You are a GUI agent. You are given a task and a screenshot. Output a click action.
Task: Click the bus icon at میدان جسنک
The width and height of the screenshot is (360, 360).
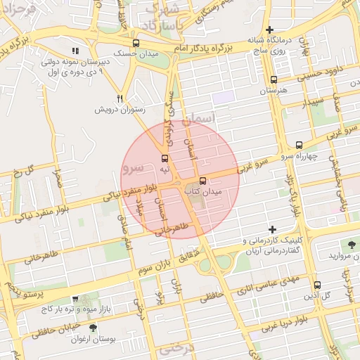(136, 42)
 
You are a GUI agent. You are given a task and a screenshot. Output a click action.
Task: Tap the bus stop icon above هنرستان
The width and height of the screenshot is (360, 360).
(273, 80)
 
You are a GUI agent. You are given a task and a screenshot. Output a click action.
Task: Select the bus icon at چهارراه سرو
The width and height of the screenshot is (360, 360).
(300, 144)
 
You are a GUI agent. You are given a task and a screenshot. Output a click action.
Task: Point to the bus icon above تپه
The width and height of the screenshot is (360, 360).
(165, 158)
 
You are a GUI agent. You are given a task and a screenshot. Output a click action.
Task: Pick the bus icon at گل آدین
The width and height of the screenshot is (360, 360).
(317, 285)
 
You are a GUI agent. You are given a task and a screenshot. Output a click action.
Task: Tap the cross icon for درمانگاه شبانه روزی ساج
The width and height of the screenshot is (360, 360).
(269, 30)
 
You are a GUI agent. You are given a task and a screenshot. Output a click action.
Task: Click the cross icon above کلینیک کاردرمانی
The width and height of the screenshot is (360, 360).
(273, 229)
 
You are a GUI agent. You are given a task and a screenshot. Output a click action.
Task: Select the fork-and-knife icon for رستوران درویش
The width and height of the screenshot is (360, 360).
(120, 98)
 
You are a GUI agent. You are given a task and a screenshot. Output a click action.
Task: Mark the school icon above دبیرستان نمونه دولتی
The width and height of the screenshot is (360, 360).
(75, 51)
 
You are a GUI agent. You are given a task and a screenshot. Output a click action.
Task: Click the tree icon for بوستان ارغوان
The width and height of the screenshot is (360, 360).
(93, 328)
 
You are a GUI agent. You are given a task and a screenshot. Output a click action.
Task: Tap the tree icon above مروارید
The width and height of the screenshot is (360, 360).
(351, 245)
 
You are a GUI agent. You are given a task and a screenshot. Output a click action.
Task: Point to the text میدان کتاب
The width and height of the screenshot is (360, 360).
(202, 191)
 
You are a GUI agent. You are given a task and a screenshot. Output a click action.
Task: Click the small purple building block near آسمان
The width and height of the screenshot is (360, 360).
(224, 98)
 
